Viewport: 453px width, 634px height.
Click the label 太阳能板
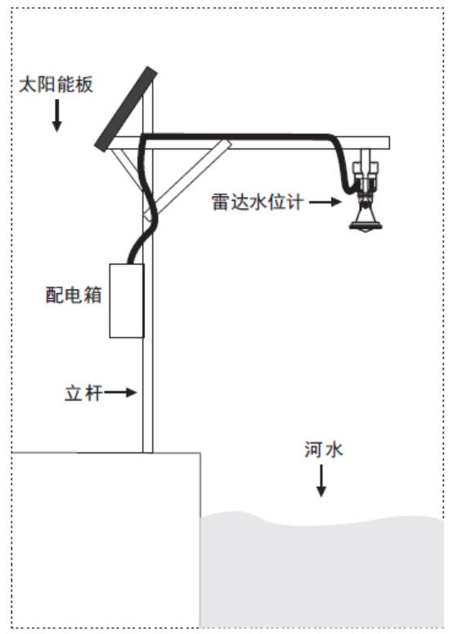pos(56,84)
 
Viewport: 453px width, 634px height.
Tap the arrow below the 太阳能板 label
pos(57,116)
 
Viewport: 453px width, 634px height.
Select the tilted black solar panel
pos(125,109)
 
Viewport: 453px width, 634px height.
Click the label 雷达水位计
pos(258,201)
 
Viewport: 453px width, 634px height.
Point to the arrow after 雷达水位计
pos(326,201)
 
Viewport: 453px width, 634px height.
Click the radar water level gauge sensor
pos(366,190)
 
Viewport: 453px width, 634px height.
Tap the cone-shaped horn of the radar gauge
pos(366,221)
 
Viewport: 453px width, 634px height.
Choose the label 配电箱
pos(74,295)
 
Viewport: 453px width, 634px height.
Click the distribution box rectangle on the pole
pos(127,301)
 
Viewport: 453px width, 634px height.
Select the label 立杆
pos(83,393)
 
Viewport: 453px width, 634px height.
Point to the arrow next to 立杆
pos(120,392)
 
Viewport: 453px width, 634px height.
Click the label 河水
pos(324,449)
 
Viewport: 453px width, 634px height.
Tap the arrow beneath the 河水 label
pos(321,480)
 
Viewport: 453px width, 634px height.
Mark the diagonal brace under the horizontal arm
pos(187,181)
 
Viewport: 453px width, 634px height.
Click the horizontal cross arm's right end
pos(389,143)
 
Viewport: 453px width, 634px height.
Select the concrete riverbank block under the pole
pos(106,540)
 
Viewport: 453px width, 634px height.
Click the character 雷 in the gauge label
pos(221,201)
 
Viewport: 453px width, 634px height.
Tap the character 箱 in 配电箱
pos(92,295)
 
